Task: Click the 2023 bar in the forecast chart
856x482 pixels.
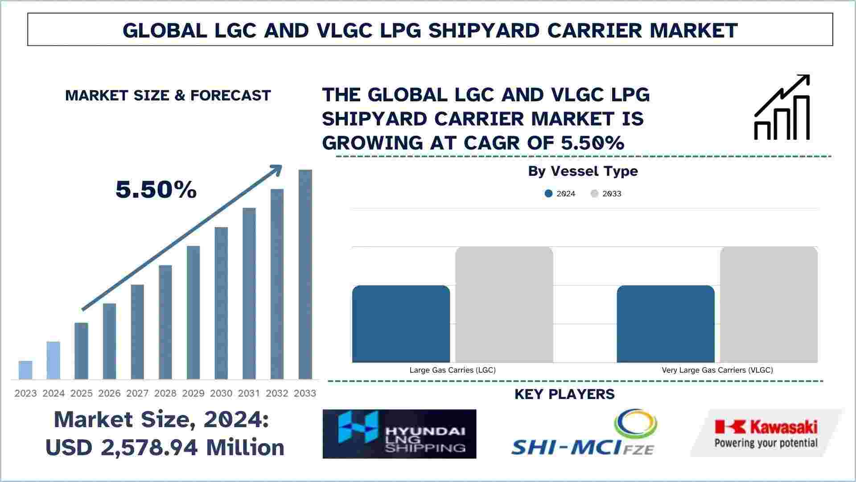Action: pos(25,370)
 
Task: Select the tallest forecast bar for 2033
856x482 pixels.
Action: pos(305,274)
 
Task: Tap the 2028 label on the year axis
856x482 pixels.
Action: pos(165,393)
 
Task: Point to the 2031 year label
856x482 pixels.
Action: pos(249,393)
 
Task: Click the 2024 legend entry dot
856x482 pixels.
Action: pos(549,194)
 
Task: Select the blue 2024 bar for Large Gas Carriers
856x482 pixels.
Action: pos(401,324)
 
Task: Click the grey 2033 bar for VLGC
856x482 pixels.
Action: pos(769,304)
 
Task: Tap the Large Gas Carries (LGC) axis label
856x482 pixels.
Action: pos(453,370)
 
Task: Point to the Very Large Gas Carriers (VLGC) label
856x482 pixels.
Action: pos(717,370)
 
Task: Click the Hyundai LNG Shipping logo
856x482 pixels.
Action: pos(399,434)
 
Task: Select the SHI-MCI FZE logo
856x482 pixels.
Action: pos(584,434)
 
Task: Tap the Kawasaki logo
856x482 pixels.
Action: pos(766,433)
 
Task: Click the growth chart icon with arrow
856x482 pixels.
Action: pos(782,108)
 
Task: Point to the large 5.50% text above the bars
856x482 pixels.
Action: pos(156,190)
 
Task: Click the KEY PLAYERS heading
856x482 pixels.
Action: pos(564,394)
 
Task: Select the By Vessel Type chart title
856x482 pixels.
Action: pos(583,171)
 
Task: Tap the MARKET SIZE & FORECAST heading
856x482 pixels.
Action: pos(168,96)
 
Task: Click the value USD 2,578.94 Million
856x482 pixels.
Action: pos(165,447)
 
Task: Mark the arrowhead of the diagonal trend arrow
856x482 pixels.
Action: pos(277,169)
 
